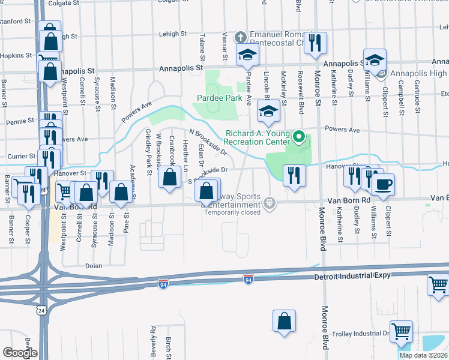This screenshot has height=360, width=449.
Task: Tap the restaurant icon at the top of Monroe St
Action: tap(315, 42)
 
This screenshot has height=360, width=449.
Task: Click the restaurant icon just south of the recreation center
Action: tap(294, 175)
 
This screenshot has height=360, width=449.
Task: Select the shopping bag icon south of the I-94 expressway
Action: tap(284, 321)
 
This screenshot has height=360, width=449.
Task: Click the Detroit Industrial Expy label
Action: tap(352, 276)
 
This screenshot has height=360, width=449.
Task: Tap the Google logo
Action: tap(19, 352)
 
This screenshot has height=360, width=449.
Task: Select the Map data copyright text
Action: tap(424, 355)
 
